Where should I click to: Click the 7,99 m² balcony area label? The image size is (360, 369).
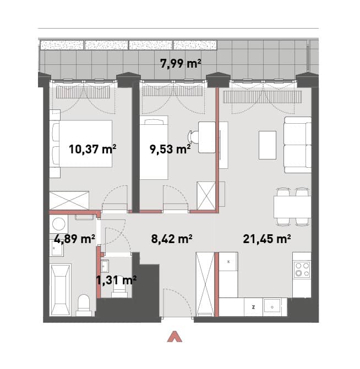click(x=181, y=63)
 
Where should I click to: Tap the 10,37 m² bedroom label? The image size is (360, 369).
click(x=92, y=149)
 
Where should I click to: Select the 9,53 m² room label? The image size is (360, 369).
click(x=170, y=149)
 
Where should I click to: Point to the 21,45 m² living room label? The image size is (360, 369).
click(x=267, y=239)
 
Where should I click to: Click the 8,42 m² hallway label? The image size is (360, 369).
click(x=172, y=239)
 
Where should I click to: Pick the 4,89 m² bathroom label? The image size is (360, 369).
click(x=75, y=239)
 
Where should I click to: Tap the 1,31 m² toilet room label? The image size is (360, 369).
click(x=116, y=280)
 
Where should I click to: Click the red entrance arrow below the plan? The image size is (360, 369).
click(x=174, y=337)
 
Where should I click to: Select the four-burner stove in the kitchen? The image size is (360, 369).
click(x=302, y=269)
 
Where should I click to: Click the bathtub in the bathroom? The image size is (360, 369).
click(x=61, y=290)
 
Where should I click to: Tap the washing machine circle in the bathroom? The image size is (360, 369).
click(x=59, y=224)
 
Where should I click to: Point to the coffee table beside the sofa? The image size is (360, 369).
click(x=268, y=145)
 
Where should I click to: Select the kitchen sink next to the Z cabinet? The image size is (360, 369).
click(x=272, y=307)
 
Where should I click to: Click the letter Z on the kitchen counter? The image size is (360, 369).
click(x=253, y=307)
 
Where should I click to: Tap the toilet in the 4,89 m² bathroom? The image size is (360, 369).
click(x=84, y=305)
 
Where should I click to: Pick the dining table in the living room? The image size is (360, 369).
click(x=292, y=207)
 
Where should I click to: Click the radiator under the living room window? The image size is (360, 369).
click(x=263, y=97)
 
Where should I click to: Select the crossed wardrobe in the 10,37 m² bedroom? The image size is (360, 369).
click(x=69, y=200)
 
